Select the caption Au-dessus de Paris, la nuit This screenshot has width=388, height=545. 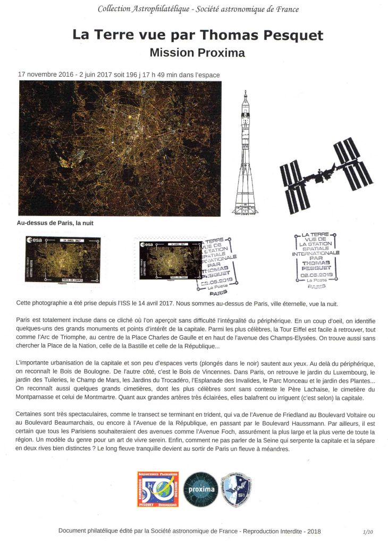click(52, 224)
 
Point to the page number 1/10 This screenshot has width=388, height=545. click(368, 531)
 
